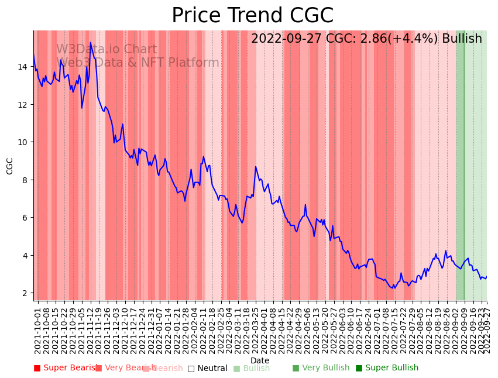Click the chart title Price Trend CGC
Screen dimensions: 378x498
[252, 16]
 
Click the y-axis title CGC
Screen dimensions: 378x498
[10, 166]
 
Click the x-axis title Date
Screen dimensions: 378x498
[260, 360]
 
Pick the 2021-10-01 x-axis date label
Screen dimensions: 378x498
[38, 331]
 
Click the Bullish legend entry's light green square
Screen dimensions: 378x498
[236, 369]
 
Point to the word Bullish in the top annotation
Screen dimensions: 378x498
[462, 39]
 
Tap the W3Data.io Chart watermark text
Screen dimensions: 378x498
[107, 50]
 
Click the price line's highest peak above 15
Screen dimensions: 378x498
[90, 42]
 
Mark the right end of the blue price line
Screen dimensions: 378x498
[486, 277]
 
